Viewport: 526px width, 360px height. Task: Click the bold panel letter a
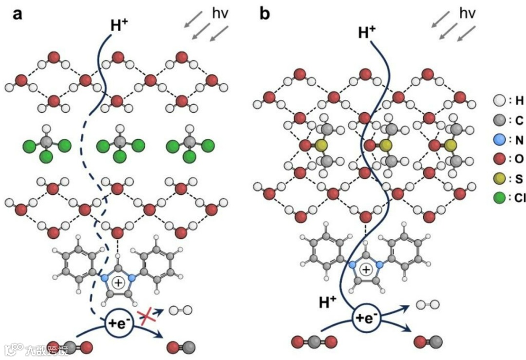click(18, 15)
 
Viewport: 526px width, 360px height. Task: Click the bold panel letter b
click(264, 15)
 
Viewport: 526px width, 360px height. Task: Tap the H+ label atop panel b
click(367, 32)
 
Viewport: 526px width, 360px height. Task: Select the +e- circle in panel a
click(119, 322)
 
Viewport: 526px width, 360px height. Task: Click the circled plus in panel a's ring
click(118, 283)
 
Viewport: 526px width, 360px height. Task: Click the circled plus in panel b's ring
click(365, 269)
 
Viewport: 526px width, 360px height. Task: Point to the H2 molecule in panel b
click(428, 305)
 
